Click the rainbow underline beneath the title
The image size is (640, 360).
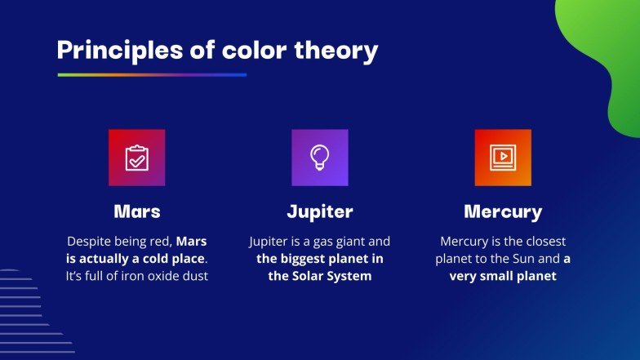(x=152, y=75)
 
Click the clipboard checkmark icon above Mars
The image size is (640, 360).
(x=137, y=158)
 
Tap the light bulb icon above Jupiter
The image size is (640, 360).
(x=320, y=158)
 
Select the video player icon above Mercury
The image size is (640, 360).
(x=503, y=158)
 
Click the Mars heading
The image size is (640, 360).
(x=137, y=212)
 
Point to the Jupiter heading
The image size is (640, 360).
(x=320, y=212)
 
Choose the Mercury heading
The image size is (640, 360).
(x=503, y=212)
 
